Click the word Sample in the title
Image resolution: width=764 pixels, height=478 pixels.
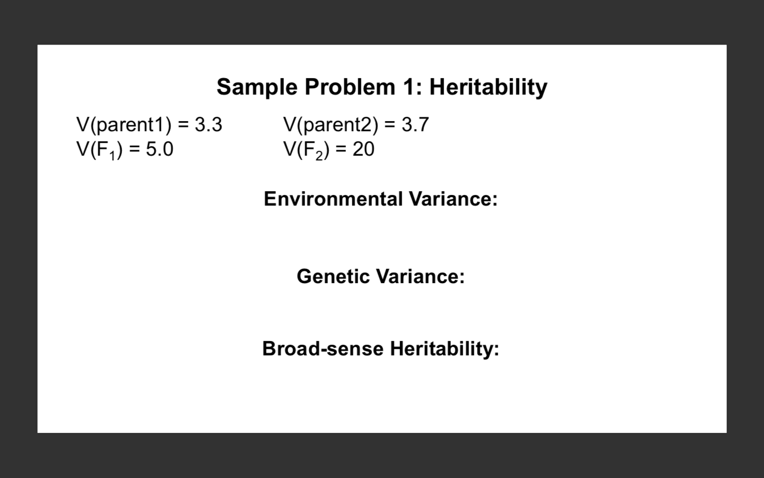pos(257,87)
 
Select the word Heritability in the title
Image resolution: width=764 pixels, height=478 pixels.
pos(488,87)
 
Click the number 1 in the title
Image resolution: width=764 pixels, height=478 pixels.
pos(409,87)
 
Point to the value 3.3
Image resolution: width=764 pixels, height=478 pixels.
pos(209,125)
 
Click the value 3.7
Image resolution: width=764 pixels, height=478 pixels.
pos(415,125)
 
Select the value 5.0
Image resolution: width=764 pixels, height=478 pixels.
pos(160,149)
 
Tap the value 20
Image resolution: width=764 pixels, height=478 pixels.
pos(363,149)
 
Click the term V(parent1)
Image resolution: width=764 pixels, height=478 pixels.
pos(124,125)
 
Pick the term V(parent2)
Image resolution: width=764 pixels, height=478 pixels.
pos(331,125)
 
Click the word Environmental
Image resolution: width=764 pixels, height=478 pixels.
pos(333,199)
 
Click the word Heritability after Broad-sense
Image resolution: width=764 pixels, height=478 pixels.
pos(445,349)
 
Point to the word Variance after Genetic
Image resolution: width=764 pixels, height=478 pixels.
pos(420,276)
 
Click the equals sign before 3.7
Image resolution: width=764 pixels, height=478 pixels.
pos(390,125)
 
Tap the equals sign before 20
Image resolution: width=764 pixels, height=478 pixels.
pos(341,150)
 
